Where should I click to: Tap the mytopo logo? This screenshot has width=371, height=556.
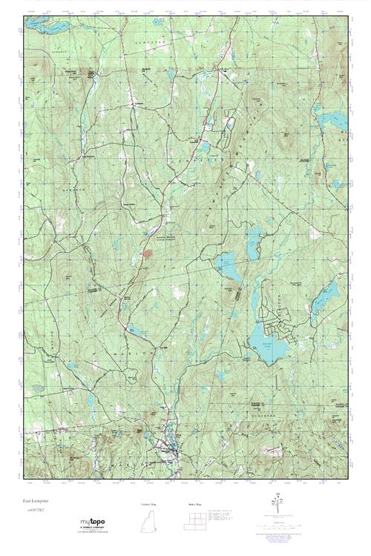(x=93, y=523)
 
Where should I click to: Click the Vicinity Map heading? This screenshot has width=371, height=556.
(x=149, y=503)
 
